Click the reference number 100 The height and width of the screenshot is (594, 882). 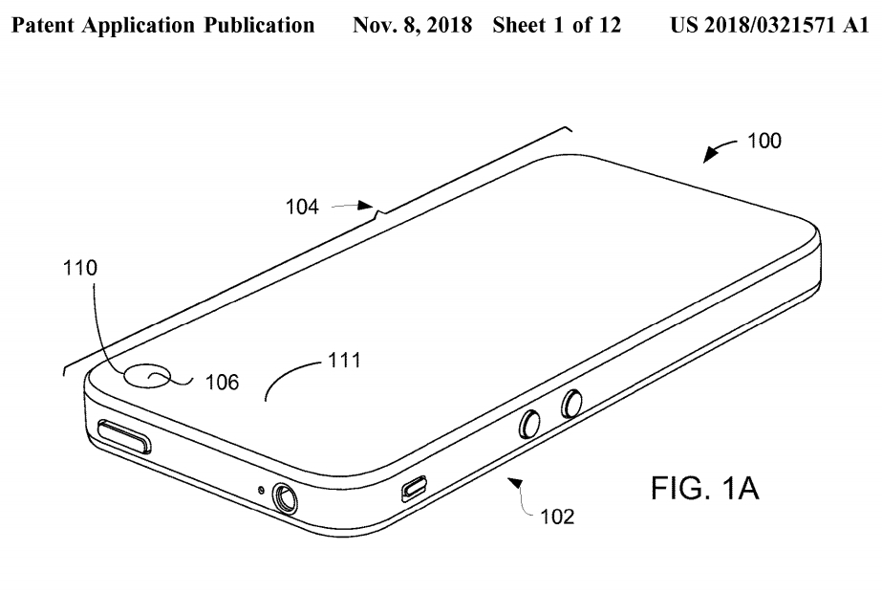pyautogui.click(x=763, y=142)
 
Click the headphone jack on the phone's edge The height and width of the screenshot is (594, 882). pyautogui.click(x=286, y=496)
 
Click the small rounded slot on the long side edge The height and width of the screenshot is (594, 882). pyautogui.click(x=413, y=490)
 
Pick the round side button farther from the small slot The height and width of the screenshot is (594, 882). pyautogui.click(x=572, y=404)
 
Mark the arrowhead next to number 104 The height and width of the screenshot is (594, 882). pyautogui.click(x=369, y=204)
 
